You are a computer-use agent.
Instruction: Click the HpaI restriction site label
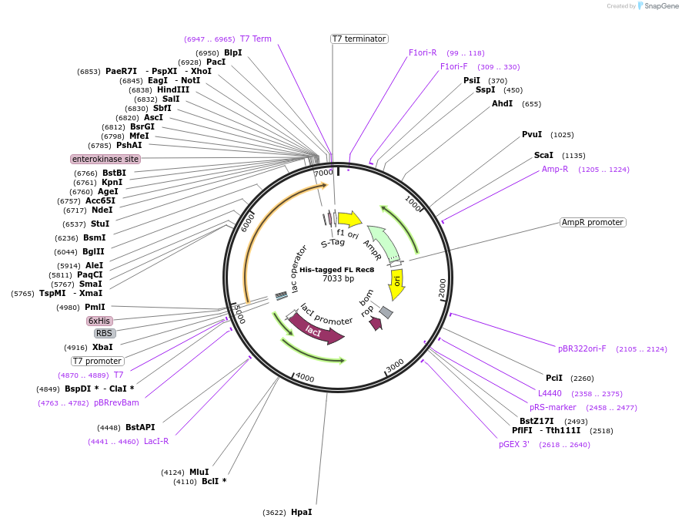pos(301,512)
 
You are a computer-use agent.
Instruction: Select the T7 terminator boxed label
pos(359,39)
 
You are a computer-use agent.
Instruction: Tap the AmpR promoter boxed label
pos(593,222)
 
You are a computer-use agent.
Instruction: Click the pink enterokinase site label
pos(105,159)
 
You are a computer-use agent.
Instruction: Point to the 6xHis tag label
pos(99,321)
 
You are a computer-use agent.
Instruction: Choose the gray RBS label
pos(105,333)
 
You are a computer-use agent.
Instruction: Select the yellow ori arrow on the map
pos(396,283)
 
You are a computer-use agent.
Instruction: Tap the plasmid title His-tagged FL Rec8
pos(337,270)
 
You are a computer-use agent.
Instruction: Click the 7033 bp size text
pos(338,279)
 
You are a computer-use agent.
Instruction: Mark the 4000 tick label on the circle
pos(305,377)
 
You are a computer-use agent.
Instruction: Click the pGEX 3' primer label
pos(514,444)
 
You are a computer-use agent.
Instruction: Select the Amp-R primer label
pos(555,169)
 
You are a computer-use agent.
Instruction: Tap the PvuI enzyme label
pos(532,134)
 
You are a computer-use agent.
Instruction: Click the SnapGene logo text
pos(661,6)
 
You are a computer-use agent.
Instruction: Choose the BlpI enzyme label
pos(232,52)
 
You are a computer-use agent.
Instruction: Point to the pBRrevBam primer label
pos(116,402)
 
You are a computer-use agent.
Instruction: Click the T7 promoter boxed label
pos(98,361)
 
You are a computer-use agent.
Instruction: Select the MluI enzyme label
pos(199,472)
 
